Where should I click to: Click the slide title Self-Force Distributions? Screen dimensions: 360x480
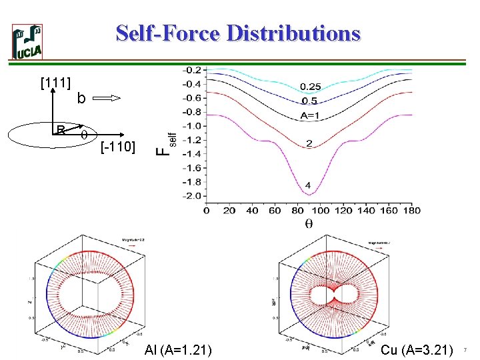[x=238, y=33]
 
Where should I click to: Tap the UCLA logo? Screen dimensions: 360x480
[x=27, y=42]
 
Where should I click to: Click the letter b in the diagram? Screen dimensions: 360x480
[x=81, y=99]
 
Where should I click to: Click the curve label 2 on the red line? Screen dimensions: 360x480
[x=308, y=144]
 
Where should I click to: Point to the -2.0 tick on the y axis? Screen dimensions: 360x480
[x=192, y=195]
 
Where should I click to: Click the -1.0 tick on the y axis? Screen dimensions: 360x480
[x=192, y=125]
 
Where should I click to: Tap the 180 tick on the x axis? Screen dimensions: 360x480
[x=411, y=211]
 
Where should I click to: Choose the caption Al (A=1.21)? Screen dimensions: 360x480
[x=178, y=349]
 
